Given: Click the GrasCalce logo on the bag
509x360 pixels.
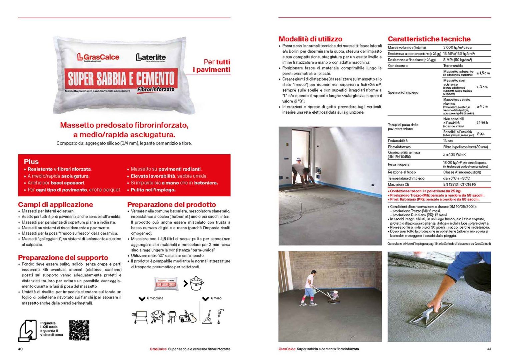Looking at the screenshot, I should tap(98, 57).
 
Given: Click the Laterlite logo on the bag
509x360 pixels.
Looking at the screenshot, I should tap(151, 57).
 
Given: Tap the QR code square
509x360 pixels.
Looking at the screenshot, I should tap(79, 330).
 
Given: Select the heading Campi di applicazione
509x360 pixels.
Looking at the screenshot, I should tap(55, 205).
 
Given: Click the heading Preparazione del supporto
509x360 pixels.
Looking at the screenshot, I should tap(63, 258).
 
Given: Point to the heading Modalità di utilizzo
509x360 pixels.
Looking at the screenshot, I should tap(310, 39).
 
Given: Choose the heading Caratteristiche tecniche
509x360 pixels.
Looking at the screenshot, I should tap(429, 39).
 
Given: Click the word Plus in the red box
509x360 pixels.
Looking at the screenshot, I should tap(31, 162).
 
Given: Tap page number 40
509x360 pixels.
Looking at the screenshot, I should tap(20, 349).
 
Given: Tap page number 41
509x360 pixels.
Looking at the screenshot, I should tap(489, 349).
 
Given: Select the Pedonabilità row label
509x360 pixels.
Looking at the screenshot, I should tap(398, 141).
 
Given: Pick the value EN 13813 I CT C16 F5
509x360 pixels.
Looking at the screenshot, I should tap(459, 184).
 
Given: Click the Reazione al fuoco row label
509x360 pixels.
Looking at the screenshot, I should tap(402, 172).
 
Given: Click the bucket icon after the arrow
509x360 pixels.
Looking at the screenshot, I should tap(196, 284).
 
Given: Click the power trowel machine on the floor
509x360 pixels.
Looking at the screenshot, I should tap(331, 296).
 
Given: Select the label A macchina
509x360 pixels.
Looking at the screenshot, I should tap(155, 298).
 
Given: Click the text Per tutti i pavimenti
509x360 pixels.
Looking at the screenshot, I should tap(212, 66).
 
